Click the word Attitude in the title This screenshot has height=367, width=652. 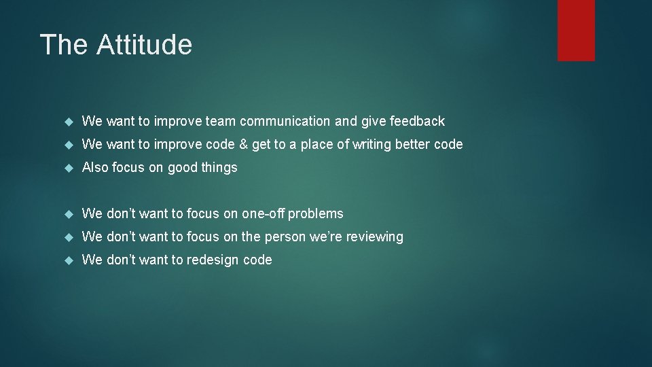[144, 45]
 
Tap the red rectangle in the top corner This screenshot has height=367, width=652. [576, 30]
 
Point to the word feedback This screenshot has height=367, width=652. [417, 122]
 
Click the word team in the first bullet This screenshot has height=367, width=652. [220, 122]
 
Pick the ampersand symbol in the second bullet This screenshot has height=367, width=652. [242, 145]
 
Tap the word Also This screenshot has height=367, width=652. [95, 168]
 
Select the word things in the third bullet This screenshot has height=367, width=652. [219, 168]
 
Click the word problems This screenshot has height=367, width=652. [316, 214]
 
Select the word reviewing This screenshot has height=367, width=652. [374, 237]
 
